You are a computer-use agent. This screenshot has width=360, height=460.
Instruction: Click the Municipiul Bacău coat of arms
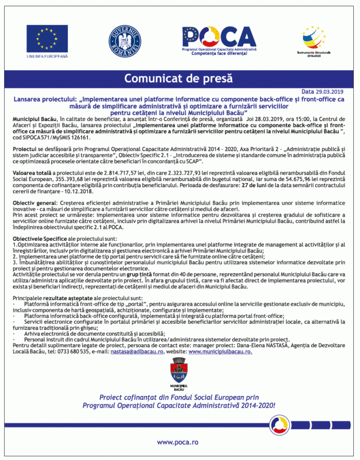[x=179, y=373]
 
